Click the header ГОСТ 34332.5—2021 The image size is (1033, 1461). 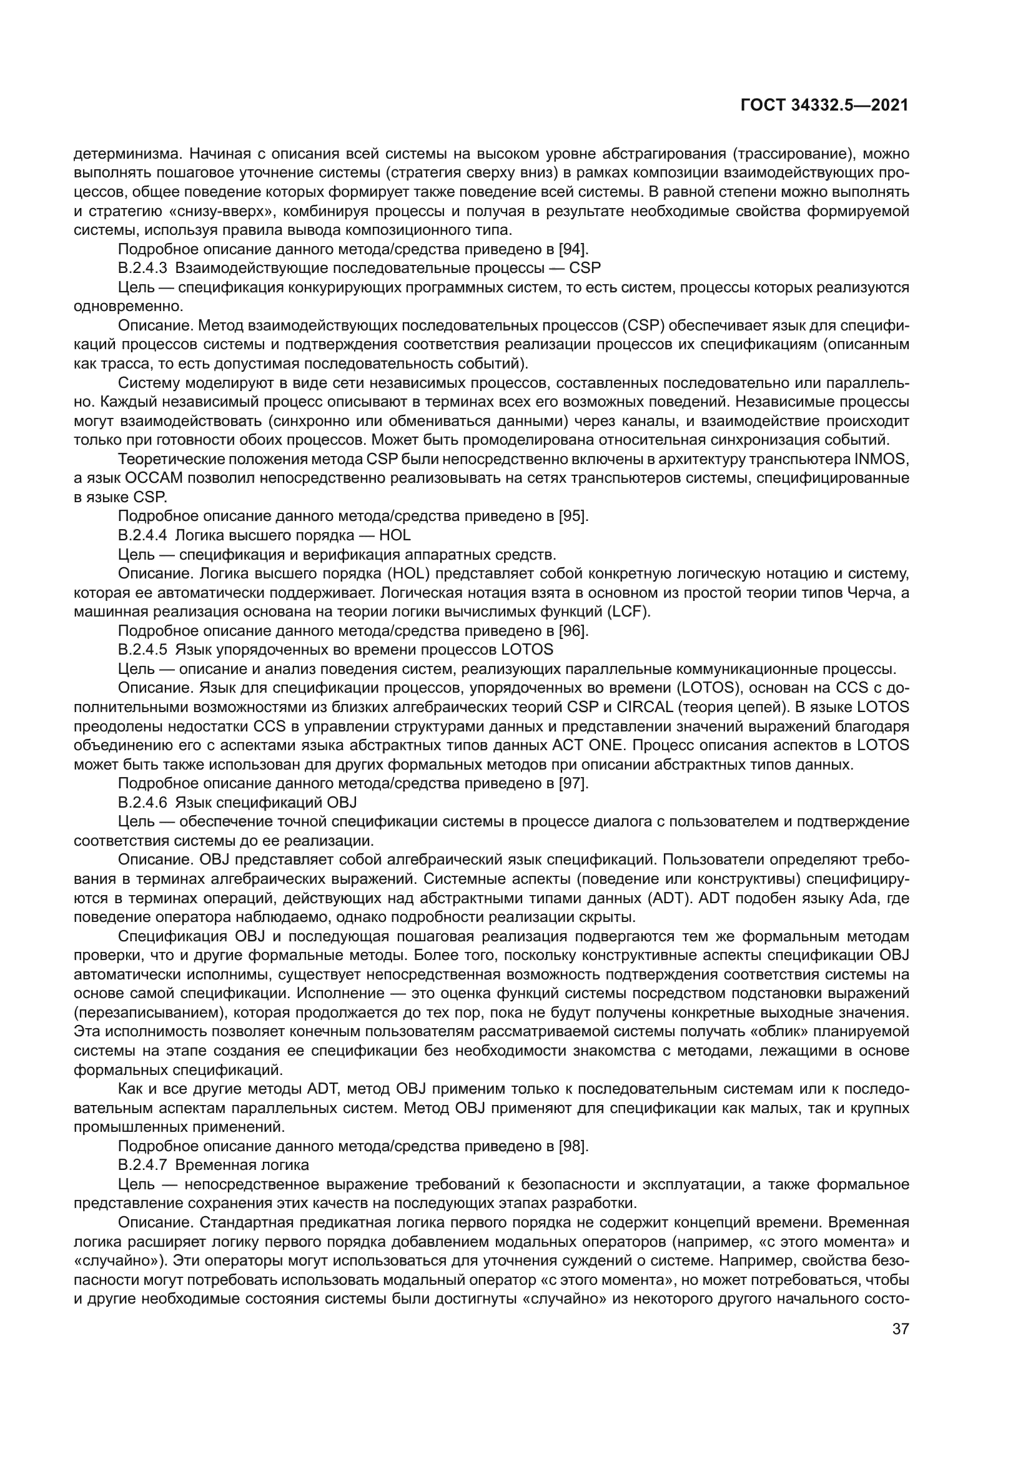point(825,106)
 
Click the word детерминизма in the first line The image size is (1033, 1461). point(122,154)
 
